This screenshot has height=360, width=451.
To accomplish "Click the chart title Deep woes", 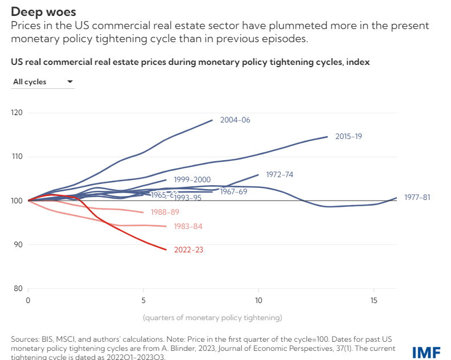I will (43, 11).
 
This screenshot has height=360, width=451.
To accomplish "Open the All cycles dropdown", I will (43, 82).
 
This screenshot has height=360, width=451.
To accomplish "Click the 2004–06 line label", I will (235, 120).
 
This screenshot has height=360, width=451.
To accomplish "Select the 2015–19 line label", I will (348, 137).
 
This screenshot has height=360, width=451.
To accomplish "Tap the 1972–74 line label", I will (280, 174).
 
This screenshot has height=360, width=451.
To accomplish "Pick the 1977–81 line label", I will (417, 198).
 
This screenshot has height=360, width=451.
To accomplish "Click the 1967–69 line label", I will (233, 191).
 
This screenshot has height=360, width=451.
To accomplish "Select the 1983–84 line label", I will (188, 227).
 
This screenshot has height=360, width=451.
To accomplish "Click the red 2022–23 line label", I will (188, 249).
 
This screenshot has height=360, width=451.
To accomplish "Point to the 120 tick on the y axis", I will (17, 113).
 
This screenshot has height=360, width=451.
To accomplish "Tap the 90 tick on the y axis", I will (18, 245).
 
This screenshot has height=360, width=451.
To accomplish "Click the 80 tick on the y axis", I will (18, 289).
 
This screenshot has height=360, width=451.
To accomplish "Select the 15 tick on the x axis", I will (374, 300).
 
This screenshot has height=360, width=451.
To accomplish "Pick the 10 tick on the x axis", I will (259, 300).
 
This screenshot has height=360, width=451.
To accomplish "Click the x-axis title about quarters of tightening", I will (212, 317).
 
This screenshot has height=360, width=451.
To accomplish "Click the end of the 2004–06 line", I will (212, 120).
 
